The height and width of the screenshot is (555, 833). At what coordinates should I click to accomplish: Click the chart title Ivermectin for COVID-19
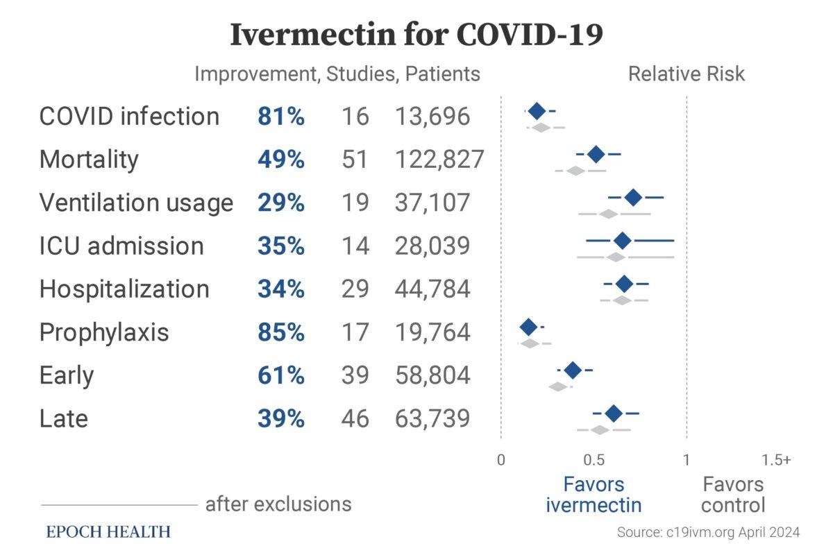tap(416, 35)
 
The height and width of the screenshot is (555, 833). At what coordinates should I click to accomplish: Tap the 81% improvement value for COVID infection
tap(280, 117)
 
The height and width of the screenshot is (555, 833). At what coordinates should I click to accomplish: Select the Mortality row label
tap(89, 160)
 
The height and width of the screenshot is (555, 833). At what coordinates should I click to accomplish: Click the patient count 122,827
tap(439, 160)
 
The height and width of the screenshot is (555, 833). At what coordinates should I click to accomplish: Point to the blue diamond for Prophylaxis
tap(528, 327)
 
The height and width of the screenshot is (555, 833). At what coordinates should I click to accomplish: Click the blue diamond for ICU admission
tap(623, 241)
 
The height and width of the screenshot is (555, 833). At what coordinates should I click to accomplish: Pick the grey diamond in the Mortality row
tap(576, 170)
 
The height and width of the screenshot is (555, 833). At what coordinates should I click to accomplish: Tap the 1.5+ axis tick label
tap(776, 460)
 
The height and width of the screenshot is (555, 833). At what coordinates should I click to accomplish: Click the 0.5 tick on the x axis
tap(594, 460)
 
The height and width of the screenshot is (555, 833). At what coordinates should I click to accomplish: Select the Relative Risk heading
tap(686, 74)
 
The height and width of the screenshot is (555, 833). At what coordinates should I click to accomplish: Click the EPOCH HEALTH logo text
tap(108, 532)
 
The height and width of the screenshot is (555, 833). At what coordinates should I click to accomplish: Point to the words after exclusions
tap(278, 503)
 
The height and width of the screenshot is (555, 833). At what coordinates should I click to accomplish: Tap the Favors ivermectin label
tap(594, 494)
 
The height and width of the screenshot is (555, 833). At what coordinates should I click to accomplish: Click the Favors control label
tap(733, 494)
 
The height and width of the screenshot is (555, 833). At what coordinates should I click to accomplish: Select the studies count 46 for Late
tap(355, 418)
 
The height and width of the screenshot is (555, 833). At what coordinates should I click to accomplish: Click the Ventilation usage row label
tap(136, 203)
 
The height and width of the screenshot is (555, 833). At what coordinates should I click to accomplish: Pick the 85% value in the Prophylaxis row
tap(280, 332)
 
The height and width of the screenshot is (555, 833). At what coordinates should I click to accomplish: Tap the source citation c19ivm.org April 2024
tap(708, 533)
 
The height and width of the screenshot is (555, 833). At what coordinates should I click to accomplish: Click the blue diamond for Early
tap(572, 370)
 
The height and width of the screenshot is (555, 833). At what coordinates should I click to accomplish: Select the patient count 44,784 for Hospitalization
tap(432, 289)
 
